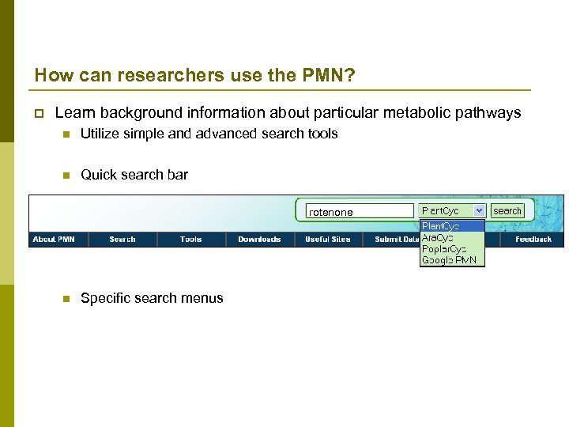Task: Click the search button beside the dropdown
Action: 507,211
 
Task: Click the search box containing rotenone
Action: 360,211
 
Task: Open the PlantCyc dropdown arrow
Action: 479,211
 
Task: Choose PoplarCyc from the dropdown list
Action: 443,248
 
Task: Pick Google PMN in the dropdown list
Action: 449,259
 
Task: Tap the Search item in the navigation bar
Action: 122,239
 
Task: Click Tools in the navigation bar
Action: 190,239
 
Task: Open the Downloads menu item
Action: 259,239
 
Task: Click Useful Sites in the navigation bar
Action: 328,239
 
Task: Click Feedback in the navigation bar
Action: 533,239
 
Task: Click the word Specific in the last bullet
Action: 106,298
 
